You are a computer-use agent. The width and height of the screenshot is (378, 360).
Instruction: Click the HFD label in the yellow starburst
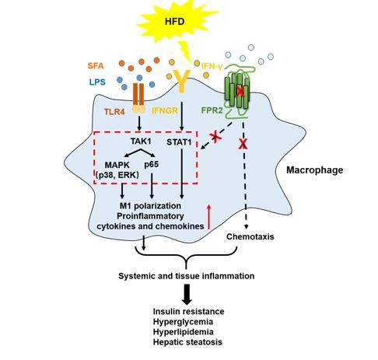coord(175,22)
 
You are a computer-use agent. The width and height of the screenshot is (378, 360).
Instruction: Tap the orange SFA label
coord(96,66)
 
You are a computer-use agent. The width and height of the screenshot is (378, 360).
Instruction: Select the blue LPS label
coord(97,82)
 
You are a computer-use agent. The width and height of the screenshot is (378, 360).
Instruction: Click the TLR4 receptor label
coord(114,112)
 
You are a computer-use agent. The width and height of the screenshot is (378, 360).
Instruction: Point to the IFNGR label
coord(165,111)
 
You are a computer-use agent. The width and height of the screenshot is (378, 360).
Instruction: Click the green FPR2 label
coord(212,110)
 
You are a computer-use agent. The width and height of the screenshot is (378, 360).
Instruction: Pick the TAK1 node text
coord(141,142)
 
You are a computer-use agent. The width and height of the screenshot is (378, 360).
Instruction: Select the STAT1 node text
coord(179,142)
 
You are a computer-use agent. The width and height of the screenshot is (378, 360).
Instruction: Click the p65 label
coord(151,164)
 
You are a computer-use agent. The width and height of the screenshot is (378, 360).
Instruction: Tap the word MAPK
coord(117,165)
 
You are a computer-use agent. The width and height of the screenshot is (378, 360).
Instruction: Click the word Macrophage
coord(315,170)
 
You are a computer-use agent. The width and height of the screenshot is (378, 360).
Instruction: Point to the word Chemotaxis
coord(250,236)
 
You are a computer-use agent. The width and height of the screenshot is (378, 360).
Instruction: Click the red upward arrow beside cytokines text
coord(209,217)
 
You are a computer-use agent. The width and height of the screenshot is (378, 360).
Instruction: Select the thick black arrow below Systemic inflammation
coord(187,294)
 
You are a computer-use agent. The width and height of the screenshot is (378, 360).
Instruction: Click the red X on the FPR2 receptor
coord(240,92)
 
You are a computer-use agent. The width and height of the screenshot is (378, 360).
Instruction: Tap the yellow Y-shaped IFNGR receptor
coord(182,81)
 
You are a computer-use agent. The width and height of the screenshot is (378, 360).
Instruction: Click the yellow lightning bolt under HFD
coord(186,51)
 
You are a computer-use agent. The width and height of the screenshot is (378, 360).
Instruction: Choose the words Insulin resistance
coord(188,311)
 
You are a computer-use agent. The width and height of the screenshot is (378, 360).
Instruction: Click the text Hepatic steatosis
coord(187,342)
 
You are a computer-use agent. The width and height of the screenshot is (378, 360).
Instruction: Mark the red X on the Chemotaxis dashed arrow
coord(243,144)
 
